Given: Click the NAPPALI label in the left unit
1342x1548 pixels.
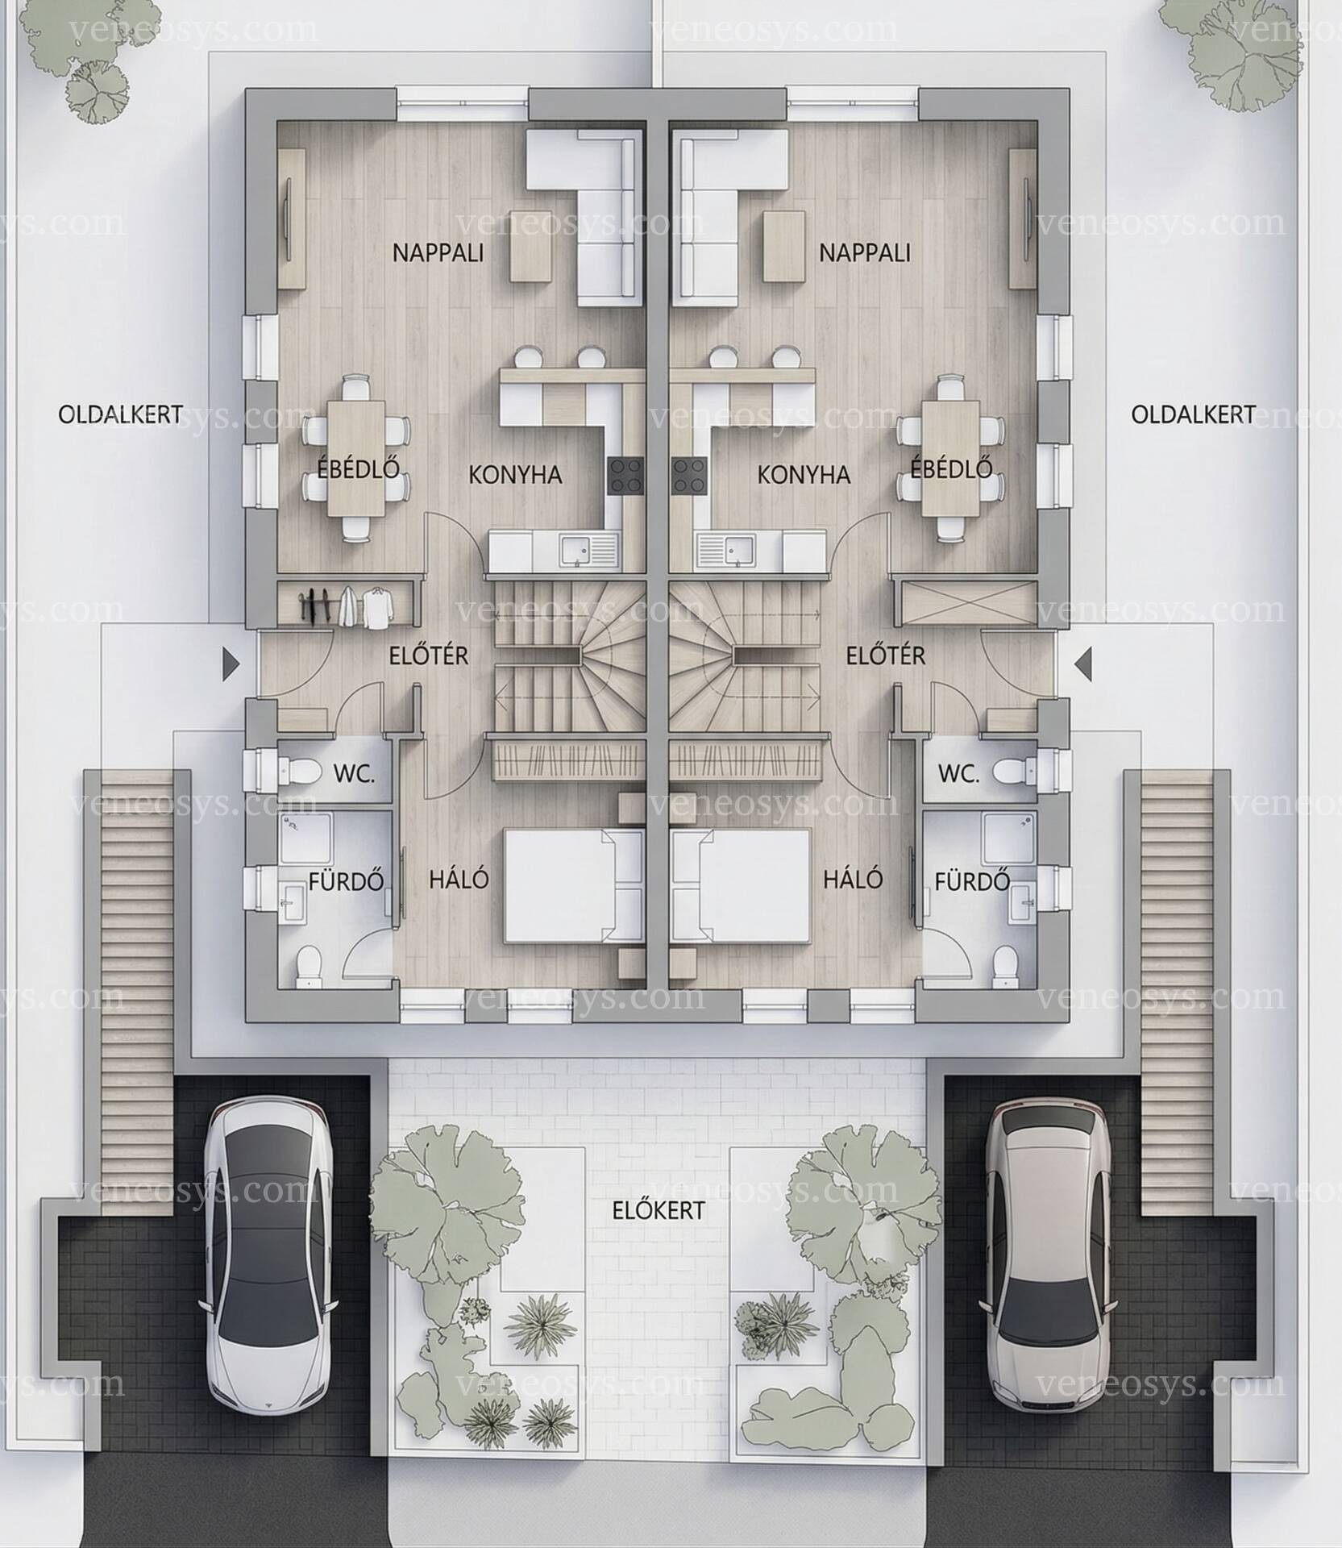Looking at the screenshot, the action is pyautogui.click(x=438, y=252).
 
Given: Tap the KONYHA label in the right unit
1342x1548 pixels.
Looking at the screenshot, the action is pyautogui.click(x=804, y=474).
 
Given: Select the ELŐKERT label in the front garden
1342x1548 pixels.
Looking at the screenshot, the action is pyautogui.click(x=658, y=1210).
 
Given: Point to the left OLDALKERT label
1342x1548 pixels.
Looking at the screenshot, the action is pyautogui.click(x=120, y=414).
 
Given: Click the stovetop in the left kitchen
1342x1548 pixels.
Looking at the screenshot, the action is pyautogui.click(x=626, y=475).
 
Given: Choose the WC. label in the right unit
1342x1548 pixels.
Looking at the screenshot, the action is pyautogui.click(x=959, y=774).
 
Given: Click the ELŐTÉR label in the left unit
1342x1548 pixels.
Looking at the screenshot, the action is pyautogui.click(x=429, y=655).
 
